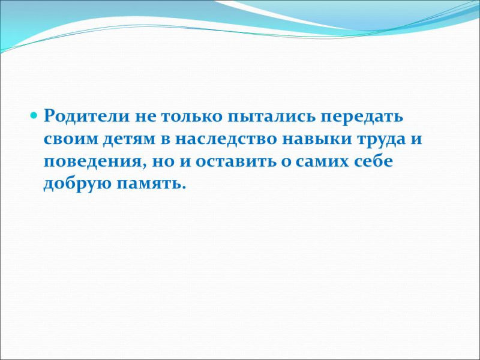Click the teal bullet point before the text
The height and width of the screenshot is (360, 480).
point(34,116)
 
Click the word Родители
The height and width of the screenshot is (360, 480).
point(86,116)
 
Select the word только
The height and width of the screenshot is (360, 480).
point(190,116)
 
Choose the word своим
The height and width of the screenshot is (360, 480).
point(70,140)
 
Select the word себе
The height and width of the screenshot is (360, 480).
point(374,161)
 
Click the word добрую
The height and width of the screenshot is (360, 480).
point(77,184)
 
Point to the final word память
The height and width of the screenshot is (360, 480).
point(151,185)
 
